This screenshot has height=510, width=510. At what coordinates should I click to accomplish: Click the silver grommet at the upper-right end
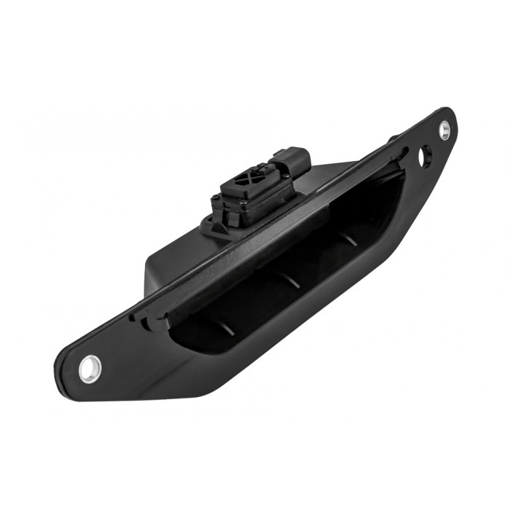pos(444,130)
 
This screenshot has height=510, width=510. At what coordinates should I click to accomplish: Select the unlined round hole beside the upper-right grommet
pos(425,154)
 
